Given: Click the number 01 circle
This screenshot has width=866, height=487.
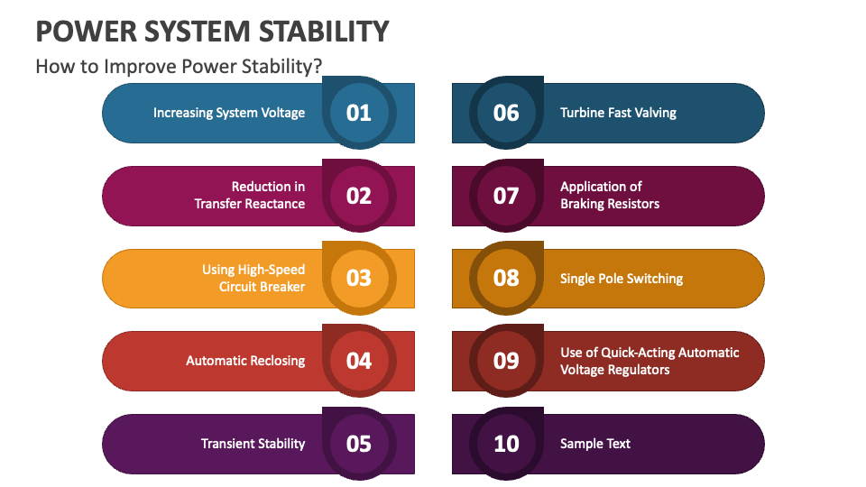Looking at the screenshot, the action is (x=359, y=113).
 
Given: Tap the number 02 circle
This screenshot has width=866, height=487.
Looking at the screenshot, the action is (x=359, y=196).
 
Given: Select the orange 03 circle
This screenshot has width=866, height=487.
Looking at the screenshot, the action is (x=359, y=278).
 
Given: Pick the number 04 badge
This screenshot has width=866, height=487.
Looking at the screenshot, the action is (x=359, y=361).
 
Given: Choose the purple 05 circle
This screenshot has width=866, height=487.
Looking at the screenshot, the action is (x=359, y=444).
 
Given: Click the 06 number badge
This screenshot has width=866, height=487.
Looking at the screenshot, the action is (x=506, y=113).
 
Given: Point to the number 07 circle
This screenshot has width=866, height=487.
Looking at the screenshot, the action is (x=506, y=196).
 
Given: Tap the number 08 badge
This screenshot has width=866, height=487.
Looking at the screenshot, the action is (x=506, y=278).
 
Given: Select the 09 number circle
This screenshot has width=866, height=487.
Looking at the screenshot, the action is (x=506, y=361).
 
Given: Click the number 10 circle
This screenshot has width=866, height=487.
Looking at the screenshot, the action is (x=506, y=444).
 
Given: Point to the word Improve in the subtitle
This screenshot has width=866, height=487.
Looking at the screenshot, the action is (x=141, y=66).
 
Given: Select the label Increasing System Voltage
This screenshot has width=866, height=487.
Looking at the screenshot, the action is (x=229, y=113).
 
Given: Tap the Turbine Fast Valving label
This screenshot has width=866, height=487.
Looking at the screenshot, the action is (x=618, y=113).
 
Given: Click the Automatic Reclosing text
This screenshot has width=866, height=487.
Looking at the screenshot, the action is (x=245, y=361).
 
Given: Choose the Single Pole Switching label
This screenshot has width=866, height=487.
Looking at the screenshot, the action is (x=622, y=279).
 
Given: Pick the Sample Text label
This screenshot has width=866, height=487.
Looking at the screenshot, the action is (x=594, y=444).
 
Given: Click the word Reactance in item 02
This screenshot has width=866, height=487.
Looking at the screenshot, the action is (x=275, y=204).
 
